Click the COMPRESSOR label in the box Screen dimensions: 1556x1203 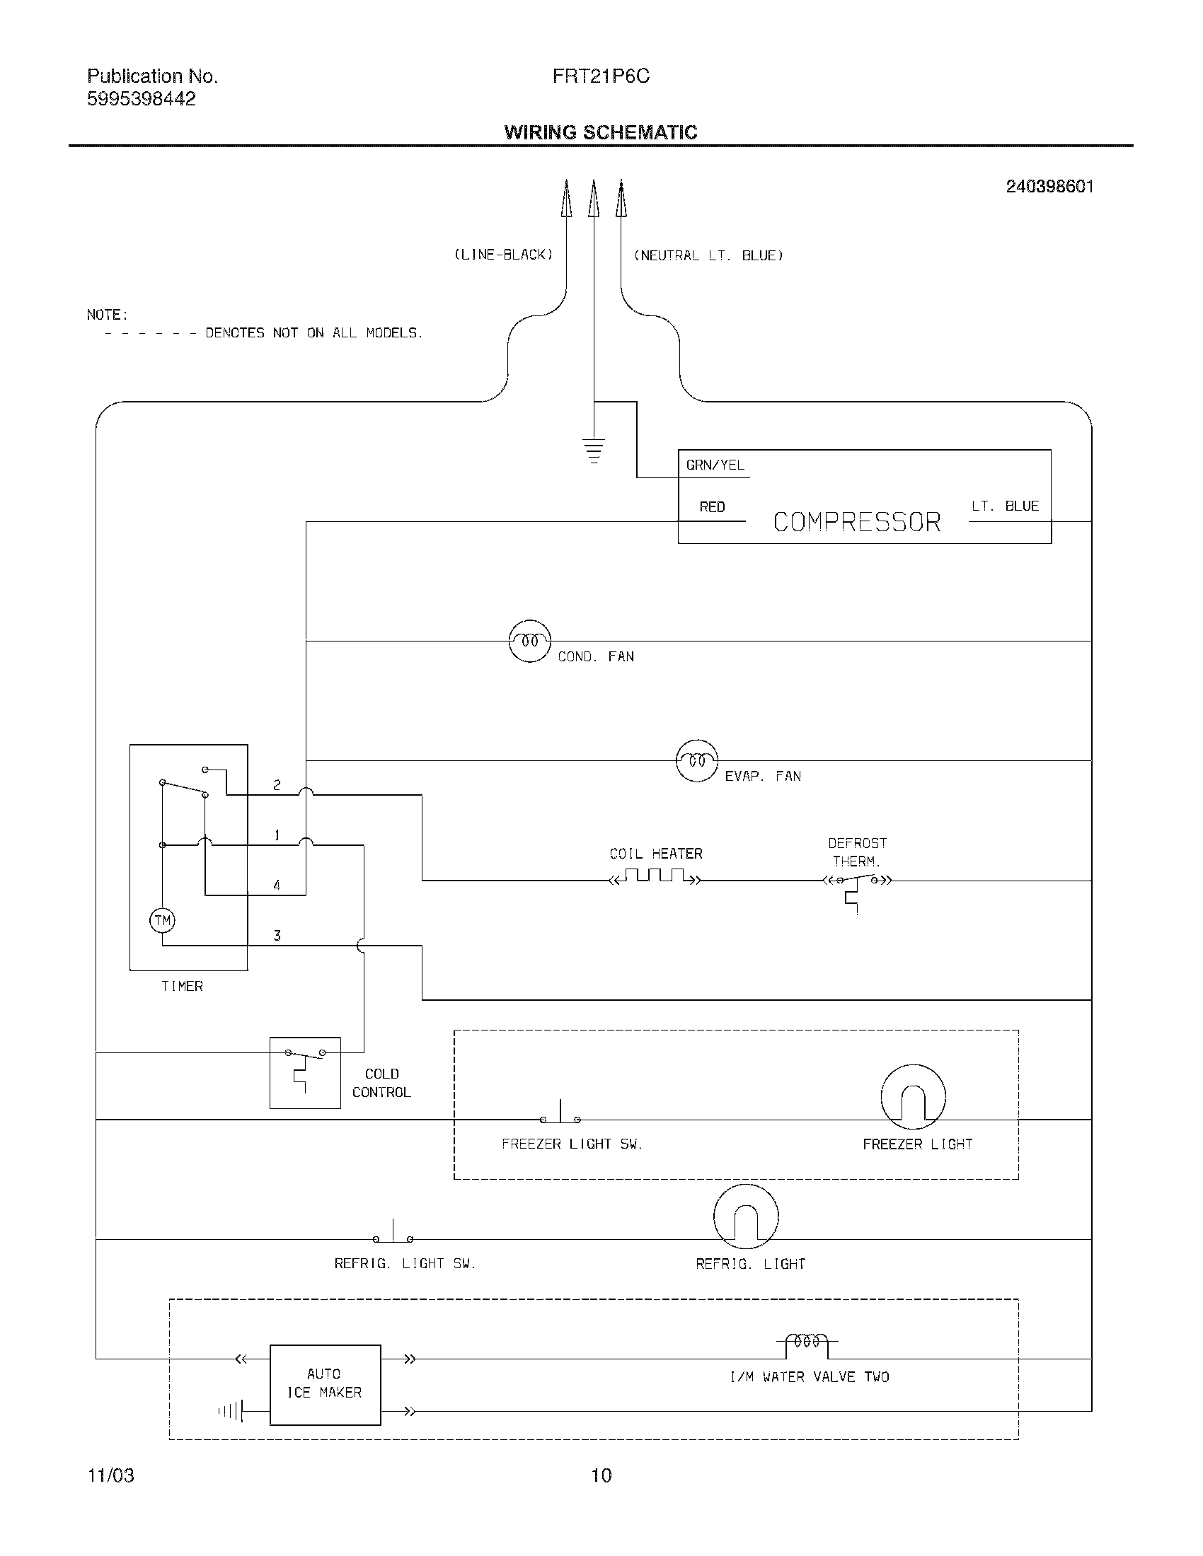pyautogui.click(x=857, y=522)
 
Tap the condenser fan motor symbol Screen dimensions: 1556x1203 pyautogui.click(x=529, y=641)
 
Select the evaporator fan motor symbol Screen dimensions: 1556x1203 pyautogui.click(x=696, y=760)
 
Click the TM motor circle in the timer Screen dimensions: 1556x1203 pyautogui.click(x=163, y=920)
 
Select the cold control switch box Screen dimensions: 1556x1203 pyautogui.click(x=305, y=1072)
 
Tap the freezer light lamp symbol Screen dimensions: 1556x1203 pyautogui.click(x=913, y=1097)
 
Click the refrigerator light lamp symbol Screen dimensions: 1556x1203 pyautogui.click(x=745, y=1217)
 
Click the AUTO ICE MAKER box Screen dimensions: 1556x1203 pyautogui.click(x=325, y=1384)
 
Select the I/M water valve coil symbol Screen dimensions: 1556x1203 pyautogui.click(x=807, y=1342)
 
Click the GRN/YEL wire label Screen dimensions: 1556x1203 pyautogui.click(x=715, y=465)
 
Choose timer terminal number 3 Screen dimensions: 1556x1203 pyautogui.click(x=277, y=936)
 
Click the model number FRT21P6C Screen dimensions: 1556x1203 pyautogui.click(x=601, y=76)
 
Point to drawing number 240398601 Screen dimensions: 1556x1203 pyautogui.click(x=1049, y=187)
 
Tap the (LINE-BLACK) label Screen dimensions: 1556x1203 pyautogui.click(x=504, y=255)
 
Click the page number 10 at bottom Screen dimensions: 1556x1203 pyautogui.click(x=601, y=1475)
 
